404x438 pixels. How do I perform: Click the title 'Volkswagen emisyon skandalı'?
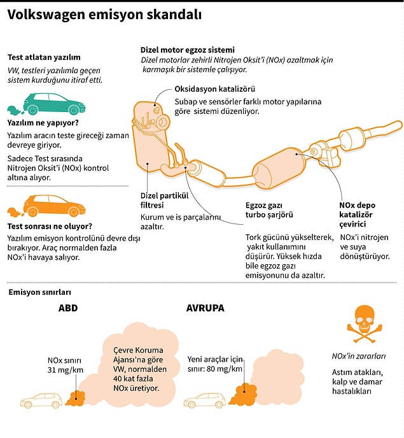(x=104, y=15)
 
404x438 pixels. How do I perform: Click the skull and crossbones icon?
(x=364, y=324)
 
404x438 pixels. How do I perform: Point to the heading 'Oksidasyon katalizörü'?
(x=214, y=89)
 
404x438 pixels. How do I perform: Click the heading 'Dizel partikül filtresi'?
(x=164, y=201)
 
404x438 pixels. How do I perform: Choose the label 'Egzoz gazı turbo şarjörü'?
(x=269, y=210)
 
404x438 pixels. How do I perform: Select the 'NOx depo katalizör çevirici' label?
(x=357, y=215)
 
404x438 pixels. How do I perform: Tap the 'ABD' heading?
(x=68, y=308)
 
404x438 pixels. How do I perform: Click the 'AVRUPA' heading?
(x=205, y=308)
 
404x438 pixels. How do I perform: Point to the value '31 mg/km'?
(x=66, y=370)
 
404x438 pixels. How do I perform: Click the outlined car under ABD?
(x=41, y=400)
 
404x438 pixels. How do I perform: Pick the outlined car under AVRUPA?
(x=205, y=400)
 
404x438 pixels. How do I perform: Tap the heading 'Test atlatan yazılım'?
(x=44, y=57)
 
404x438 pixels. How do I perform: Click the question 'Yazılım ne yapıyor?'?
(x=43, y=123)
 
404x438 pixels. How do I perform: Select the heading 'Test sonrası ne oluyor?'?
(x=50, y=226)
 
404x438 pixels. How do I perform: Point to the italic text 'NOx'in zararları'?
(x=359, y=356)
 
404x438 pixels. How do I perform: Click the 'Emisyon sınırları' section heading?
(x=39, y=292)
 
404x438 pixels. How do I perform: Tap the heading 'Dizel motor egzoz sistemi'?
(x=187, y=50)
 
